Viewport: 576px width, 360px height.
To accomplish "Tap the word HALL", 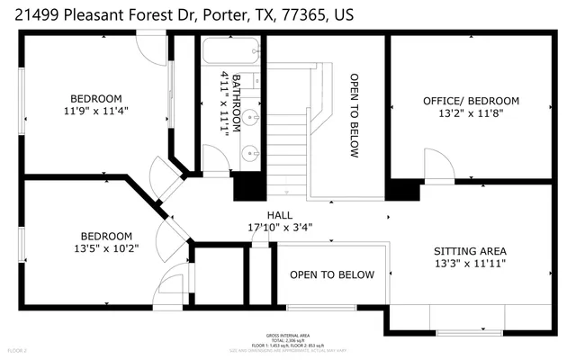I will coord(278,215).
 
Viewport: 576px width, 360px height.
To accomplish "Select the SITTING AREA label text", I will coord(470,250).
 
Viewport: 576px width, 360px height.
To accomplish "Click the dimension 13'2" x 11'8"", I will coord(471,113).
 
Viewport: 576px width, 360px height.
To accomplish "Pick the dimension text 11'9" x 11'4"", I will coord(96,112).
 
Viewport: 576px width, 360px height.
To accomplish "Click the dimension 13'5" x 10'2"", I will coord(106,249).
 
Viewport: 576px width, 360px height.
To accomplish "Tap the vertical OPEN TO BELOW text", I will coord(355,115).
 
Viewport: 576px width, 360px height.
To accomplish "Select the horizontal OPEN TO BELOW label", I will coord(331,274).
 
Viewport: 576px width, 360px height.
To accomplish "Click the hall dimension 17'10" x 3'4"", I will coord(278,228).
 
